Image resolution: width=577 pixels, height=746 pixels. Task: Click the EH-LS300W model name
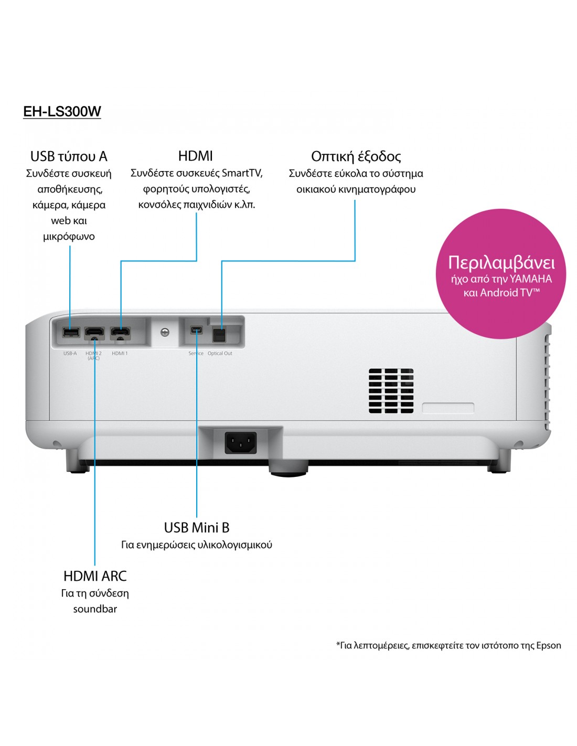click(62, 111)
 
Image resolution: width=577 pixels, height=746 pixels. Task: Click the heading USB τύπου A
click(69, 156)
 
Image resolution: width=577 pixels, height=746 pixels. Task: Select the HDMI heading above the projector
click(196, 156)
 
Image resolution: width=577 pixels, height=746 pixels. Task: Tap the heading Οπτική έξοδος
click(356, 156)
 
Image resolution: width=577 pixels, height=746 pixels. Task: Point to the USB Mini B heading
click(197, 527)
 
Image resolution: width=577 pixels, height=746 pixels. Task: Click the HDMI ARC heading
click(95, 576)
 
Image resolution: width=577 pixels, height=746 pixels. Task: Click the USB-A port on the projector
click(70, 332)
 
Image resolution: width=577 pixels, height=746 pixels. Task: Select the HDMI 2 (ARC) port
click(94, 333)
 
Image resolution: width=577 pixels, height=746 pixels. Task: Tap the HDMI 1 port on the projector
click(120, 333)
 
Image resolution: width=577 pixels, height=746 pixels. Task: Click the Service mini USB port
click(196, 330)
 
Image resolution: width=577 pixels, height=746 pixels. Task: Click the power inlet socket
click(241, 443)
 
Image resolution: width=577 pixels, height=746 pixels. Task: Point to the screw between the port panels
click(165, 333)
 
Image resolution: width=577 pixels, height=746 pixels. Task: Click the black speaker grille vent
click(391, 390)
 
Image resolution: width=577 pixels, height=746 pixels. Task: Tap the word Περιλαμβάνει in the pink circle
click(501, 262)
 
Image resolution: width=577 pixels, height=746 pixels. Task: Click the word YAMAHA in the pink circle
click(530, 279)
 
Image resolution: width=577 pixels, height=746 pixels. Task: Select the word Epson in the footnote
click(548, 645)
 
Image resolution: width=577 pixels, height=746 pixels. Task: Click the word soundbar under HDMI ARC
click(95, 609)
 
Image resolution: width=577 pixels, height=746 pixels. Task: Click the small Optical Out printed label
click(220, 354)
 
